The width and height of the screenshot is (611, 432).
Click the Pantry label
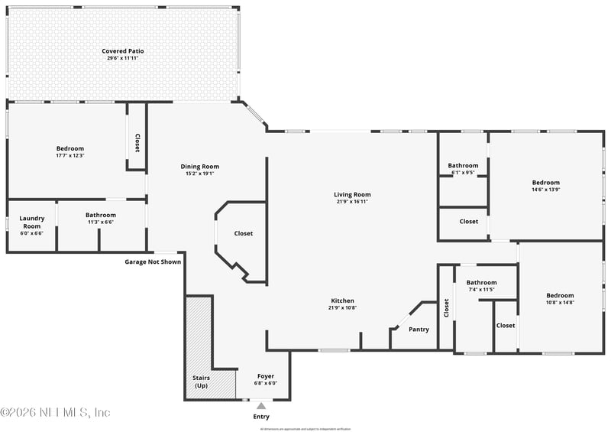pyautogui.click(x=419, y=330)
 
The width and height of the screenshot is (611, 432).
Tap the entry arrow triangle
pyautogui.click(x=261, y=406)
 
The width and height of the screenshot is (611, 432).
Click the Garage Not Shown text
pyautogui.click(x=153, y=261)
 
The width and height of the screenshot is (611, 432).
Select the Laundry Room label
pyautogui.click(x=32, y=222)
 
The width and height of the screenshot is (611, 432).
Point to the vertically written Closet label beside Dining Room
pyautogui.click(x=137, y=143)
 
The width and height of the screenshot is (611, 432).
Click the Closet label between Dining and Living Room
pyautogui.click(x=243, y=233)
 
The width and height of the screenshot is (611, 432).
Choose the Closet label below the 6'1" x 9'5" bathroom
pyautogui.click(x=468, y=222)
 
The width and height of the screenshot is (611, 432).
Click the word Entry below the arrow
pyautogui.click(x=261, y=417)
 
